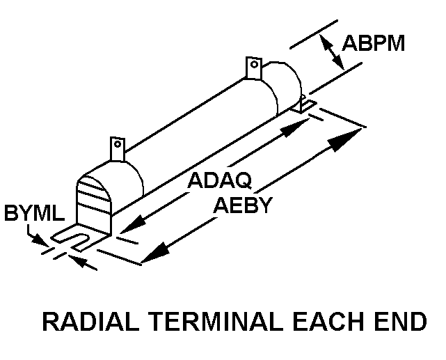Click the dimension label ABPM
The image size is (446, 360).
pyautogui.click(x=373, y=45)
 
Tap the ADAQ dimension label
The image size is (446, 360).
pyautogui.click(x=220, y=181)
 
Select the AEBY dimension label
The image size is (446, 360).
pyautogui.click(x=242, y=206)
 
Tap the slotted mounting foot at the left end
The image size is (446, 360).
pyautogui.click(x=77, y=239)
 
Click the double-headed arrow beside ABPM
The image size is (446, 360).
pyautogui.click(x=333, y=52)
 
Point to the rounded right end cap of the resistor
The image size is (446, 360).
pyautogui.click(x=285, y=87)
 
